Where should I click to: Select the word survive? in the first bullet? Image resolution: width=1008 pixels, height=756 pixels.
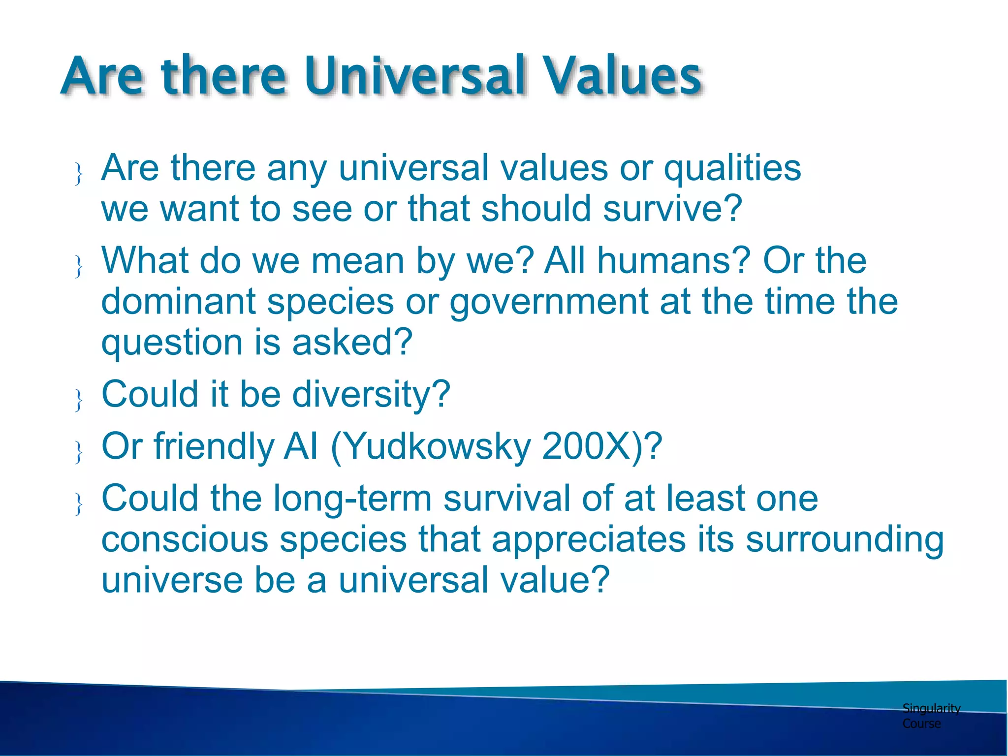pos(672,209)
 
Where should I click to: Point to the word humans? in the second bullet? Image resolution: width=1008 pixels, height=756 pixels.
pos(674,261)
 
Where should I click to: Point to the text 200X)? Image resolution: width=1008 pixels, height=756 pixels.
pos(602,447)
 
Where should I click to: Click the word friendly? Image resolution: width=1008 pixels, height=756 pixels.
pos(214,447)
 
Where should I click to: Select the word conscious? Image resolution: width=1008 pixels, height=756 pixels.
pos(185,540)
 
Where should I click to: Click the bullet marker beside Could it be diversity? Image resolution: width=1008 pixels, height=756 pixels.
pos(78,400)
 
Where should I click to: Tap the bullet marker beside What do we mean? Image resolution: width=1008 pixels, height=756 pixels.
pos(78,266)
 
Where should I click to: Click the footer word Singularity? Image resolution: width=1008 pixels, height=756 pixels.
pos(931,709)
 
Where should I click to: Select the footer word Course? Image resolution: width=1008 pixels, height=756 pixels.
pos(921,724)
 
